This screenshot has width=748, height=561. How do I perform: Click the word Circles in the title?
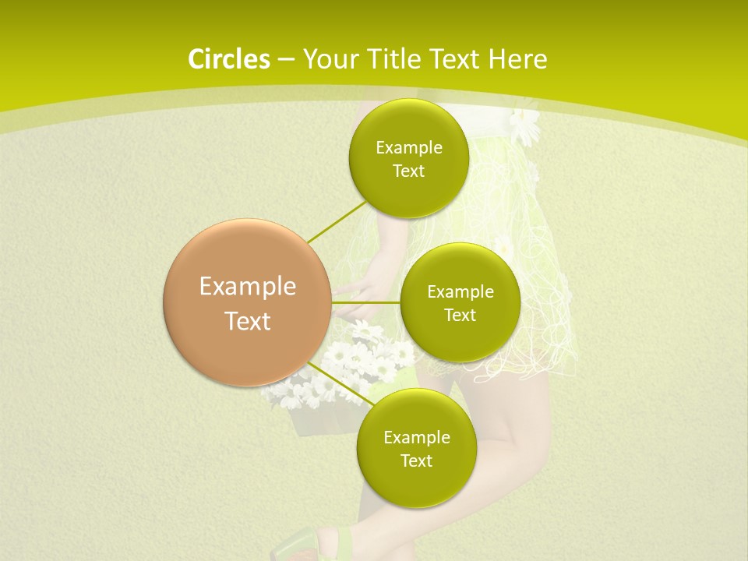coord(229,59)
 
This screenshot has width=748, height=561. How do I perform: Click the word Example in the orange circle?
coord(248,287)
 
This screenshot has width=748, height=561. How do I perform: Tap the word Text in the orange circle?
coord(248,321)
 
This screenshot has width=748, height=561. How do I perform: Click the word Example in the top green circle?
coord(409,148)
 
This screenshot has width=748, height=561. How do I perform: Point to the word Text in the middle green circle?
coord(460,316)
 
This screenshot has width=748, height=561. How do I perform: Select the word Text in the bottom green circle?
coord(416,461)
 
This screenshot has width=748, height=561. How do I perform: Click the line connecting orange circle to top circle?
coord(337,222)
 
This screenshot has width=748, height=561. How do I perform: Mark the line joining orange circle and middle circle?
coord(366,302)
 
